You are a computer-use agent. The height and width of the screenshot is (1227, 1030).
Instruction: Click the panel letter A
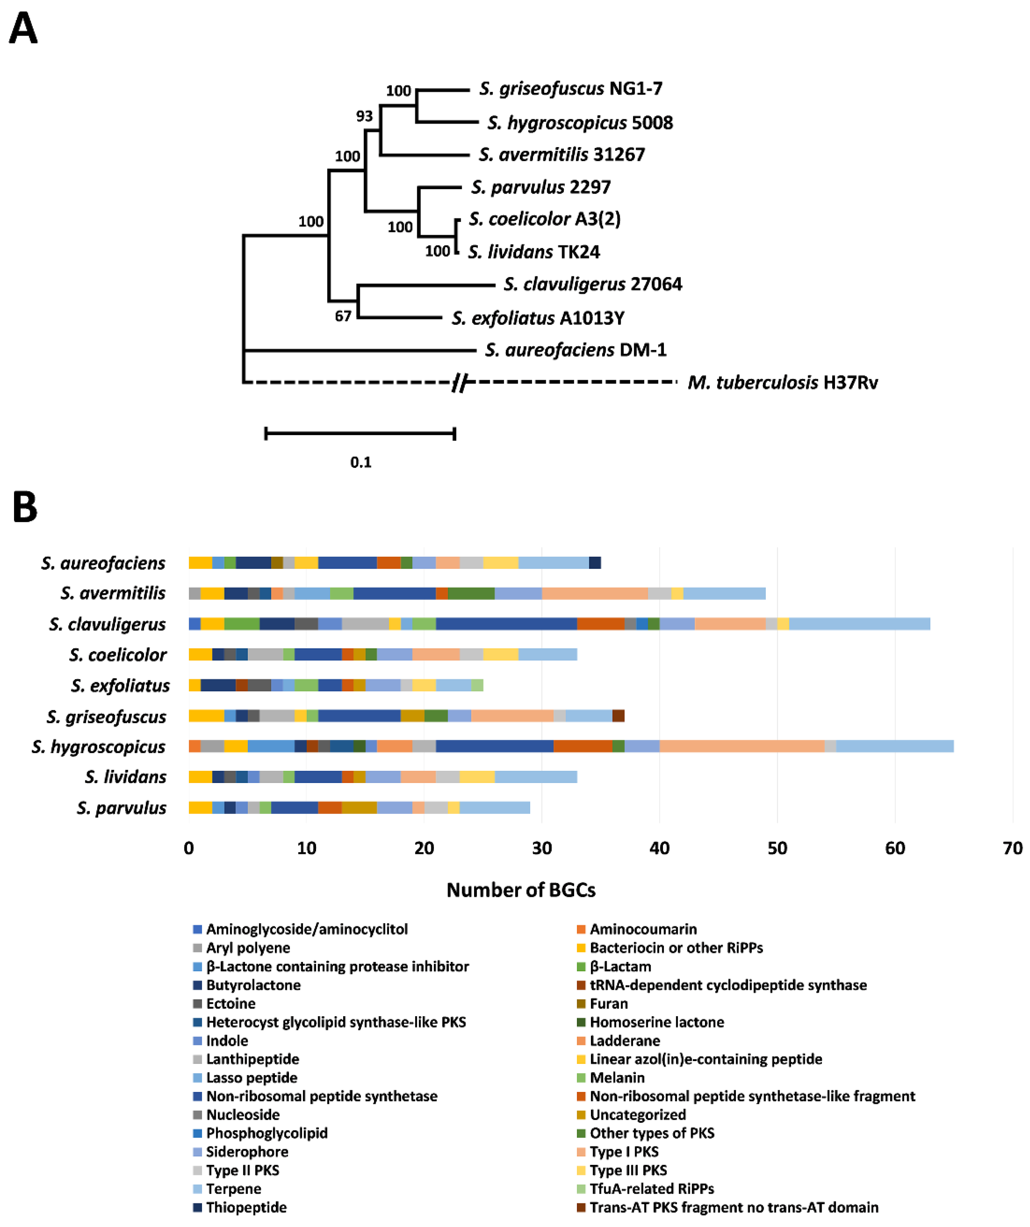pyautogui.click(x=23, y=29)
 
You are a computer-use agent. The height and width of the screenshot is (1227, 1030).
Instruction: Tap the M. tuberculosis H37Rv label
pyautogui.click(x=782, y=383)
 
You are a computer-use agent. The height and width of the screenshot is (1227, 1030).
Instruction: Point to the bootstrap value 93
pyautogui.click(x=364, y=116)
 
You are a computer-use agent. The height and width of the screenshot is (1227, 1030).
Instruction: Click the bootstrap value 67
pyautogui.click(x=343, y=316)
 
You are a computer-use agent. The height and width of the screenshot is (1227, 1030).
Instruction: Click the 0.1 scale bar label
pyautogui.click(x=361, y=462)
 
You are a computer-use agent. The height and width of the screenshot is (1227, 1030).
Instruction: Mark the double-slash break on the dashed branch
pyautogui.click(x=460, y=383)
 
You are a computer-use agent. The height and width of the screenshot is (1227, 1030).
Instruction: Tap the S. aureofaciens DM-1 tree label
pyautogui.click(x=575, y=350)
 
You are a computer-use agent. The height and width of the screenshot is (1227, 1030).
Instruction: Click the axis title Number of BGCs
pyautogui.click(x=521, y=890)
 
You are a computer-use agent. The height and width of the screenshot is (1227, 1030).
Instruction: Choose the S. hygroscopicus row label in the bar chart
pyautogui.click(x=99, y=747)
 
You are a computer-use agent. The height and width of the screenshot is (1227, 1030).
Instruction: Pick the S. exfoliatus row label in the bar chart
pyautogui.click(x=120, y=685)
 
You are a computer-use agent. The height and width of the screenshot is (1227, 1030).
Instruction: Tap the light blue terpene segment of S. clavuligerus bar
pyautogui.click(x=859, y=623)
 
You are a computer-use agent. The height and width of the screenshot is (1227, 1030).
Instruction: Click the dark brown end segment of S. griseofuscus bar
pyautogui.click(x=618, y=716)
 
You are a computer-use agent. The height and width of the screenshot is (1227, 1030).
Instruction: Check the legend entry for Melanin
pyautogui.click(x=617, y=1078)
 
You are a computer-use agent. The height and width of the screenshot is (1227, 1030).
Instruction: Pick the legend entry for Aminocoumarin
pyautogui.click(x=643, y=929)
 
